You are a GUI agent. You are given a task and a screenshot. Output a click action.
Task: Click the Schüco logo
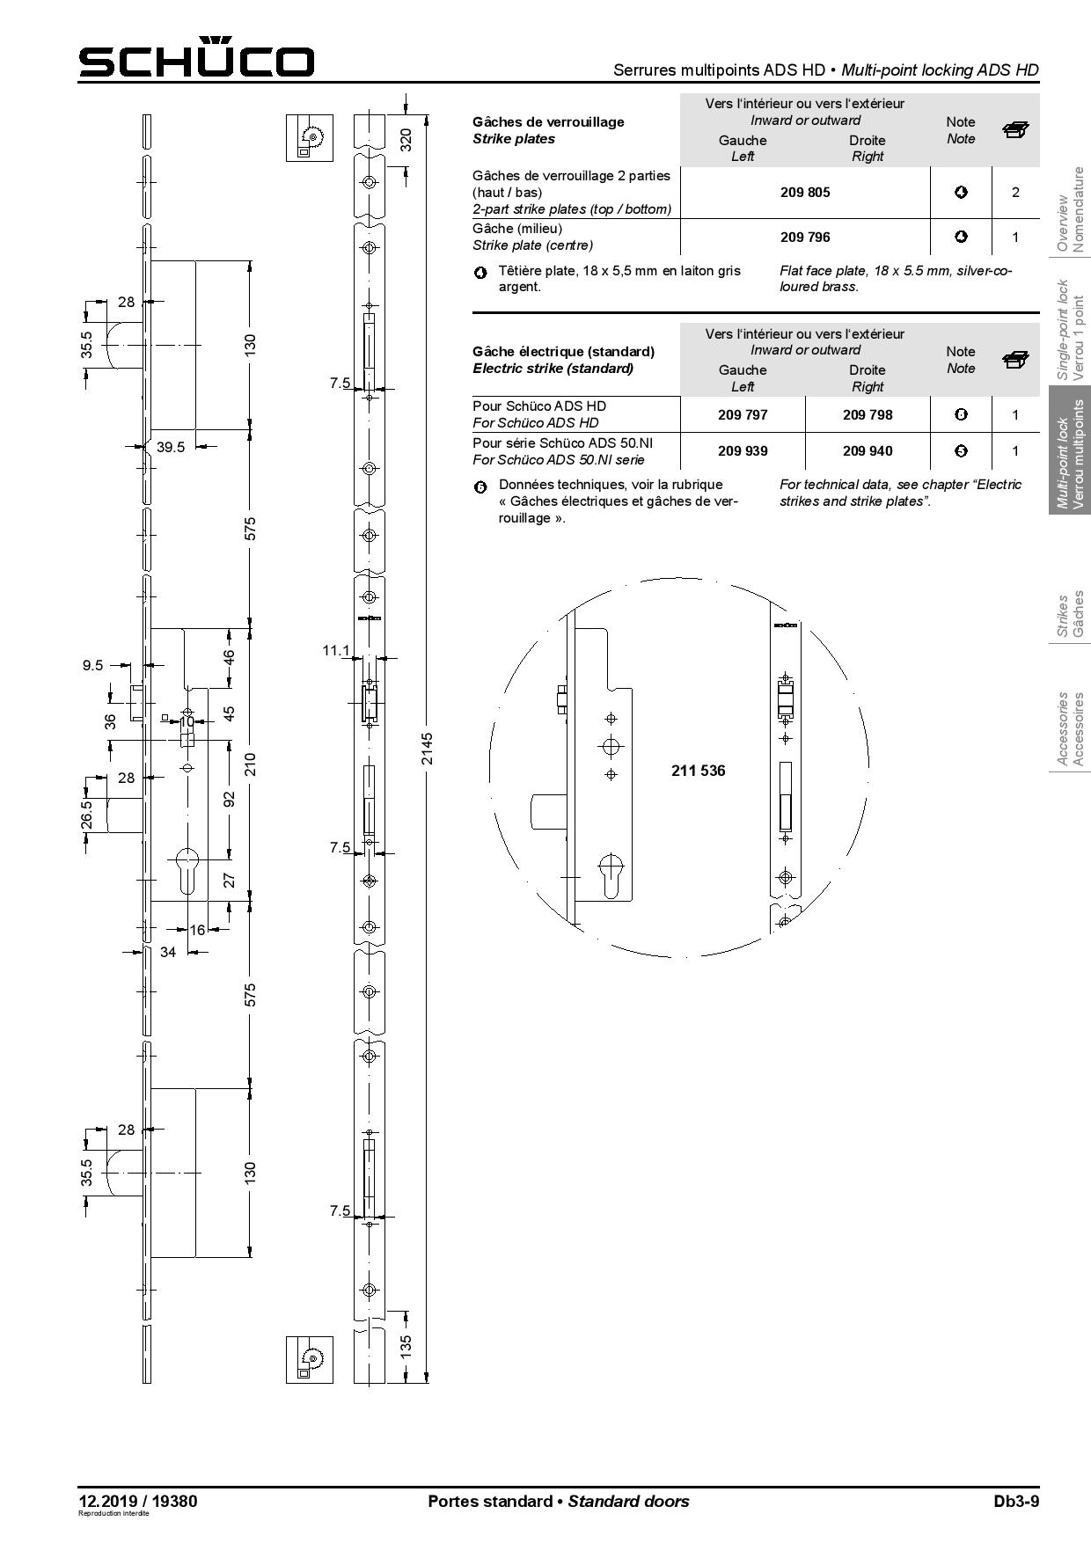point(196,58)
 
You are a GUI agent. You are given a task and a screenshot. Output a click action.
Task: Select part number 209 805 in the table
point(805,192)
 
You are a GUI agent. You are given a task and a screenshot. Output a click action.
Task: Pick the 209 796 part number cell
point(805,237)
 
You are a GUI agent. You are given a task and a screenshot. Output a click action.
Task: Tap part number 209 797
point(743,414)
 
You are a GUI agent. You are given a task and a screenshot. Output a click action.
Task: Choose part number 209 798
point(868,414)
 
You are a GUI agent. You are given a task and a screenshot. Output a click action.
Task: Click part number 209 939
point(743,450)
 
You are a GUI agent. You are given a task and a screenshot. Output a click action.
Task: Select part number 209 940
point(868,450)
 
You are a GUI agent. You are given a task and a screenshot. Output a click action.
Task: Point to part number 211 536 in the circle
point(699,771)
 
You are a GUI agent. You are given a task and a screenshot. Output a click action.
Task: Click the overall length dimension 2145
point(427,748)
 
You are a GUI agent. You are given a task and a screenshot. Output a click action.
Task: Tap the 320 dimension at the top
point(406,139)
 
